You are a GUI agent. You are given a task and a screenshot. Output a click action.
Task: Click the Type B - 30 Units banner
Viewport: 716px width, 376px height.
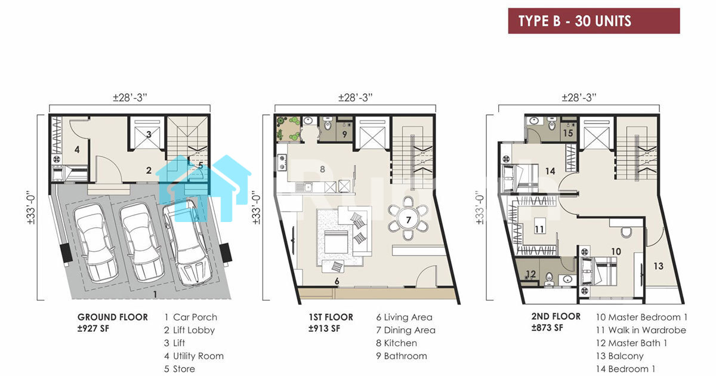[x=594, y=21]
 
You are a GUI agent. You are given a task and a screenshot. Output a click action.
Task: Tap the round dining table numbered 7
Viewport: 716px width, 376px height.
[x=408, y=220]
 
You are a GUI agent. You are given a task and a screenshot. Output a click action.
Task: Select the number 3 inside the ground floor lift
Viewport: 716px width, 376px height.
[x=149, y=134]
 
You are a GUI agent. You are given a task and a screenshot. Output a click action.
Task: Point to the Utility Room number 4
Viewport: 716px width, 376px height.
[x=77, y=149]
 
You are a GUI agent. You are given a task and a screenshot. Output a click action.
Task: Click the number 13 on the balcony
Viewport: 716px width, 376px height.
[x=659, y=266]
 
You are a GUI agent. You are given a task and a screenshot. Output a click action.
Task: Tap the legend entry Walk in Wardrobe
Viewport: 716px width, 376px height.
[x=641, y=330]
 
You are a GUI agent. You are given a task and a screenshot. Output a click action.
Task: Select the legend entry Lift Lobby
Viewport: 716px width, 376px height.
[x=189, y=330]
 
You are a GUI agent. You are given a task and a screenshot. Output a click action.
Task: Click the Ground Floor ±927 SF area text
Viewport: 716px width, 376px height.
[x=113, y=323]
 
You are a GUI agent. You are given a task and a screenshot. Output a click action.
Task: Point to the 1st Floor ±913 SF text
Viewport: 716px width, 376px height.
[x=331, y=323]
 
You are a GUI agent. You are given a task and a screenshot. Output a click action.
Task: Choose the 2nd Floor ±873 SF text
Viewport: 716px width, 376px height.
[x=556, y=322]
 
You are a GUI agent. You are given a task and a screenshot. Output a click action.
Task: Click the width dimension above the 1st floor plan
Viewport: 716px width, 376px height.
[x=356, y=97]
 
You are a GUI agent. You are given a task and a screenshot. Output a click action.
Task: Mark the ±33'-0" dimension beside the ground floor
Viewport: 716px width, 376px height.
[x=31, y=208]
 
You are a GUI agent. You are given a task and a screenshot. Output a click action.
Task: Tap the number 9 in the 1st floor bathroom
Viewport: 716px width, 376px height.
[x=345, y=134]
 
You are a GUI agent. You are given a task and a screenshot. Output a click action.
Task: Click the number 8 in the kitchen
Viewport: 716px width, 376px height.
[x=323, y=169]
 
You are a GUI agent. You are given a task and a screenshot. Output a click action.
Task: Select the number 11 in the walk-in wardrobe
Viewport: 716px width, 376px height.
[x=539, y=229]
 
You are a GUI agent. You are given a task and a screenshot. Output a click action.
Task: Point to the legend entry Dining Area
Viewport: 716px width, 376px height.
[x=406, y=330]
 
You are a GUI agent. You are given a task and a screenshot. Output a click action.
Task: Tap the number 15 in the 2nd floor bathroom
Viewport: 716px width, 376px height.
[x=568, y=133]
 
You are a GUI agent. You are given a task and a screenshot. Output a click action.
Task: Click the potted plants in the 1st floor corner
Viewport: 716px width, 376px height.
[x=288, y=128]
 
